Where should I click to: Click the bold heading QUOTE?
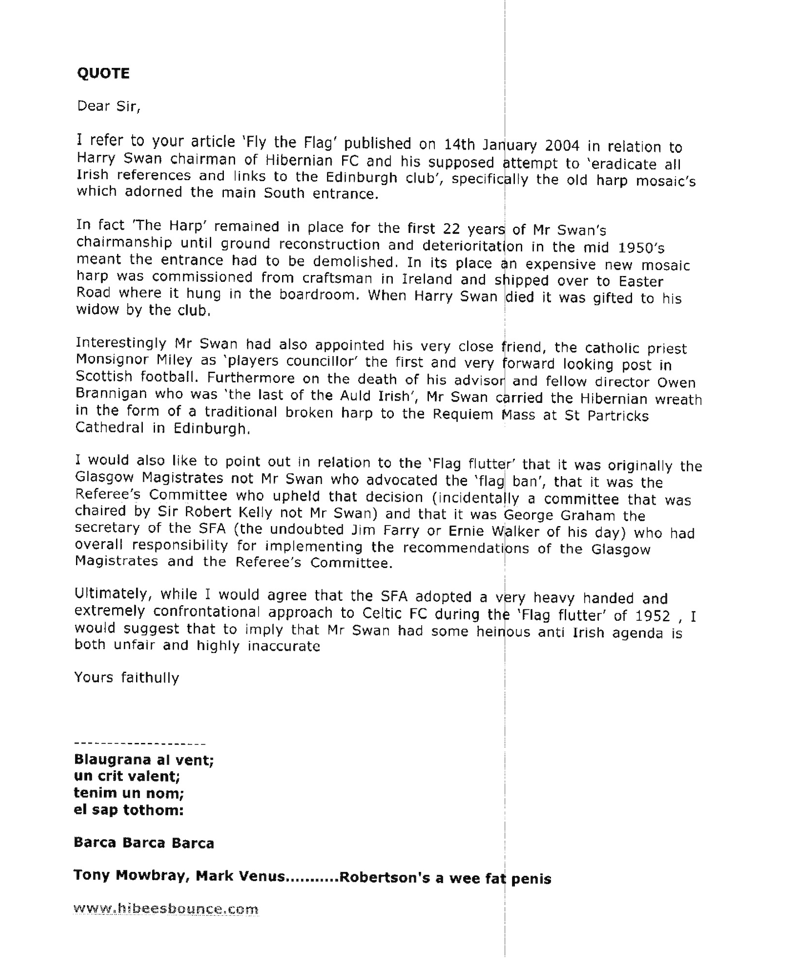[x=103, y=73]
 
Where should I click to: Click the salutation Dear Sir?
[x=108, y=106]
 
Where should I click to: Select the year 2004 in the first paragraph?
[x=562, y=146]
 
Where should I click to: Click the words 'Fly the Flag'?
[x=292, y=143]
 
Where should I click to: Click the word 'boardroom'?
[x=318, y=295]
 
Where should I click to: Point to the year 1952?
[x=651, y=616]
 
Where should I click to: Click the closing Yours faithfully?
[x=126, y=677]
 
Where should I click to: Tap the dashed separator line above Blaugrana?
[x=139, y=744]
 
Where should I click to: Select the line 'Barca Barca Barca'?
[x=143, y=843]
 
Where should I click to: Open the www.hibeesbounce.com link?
[x=166, y=910]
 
